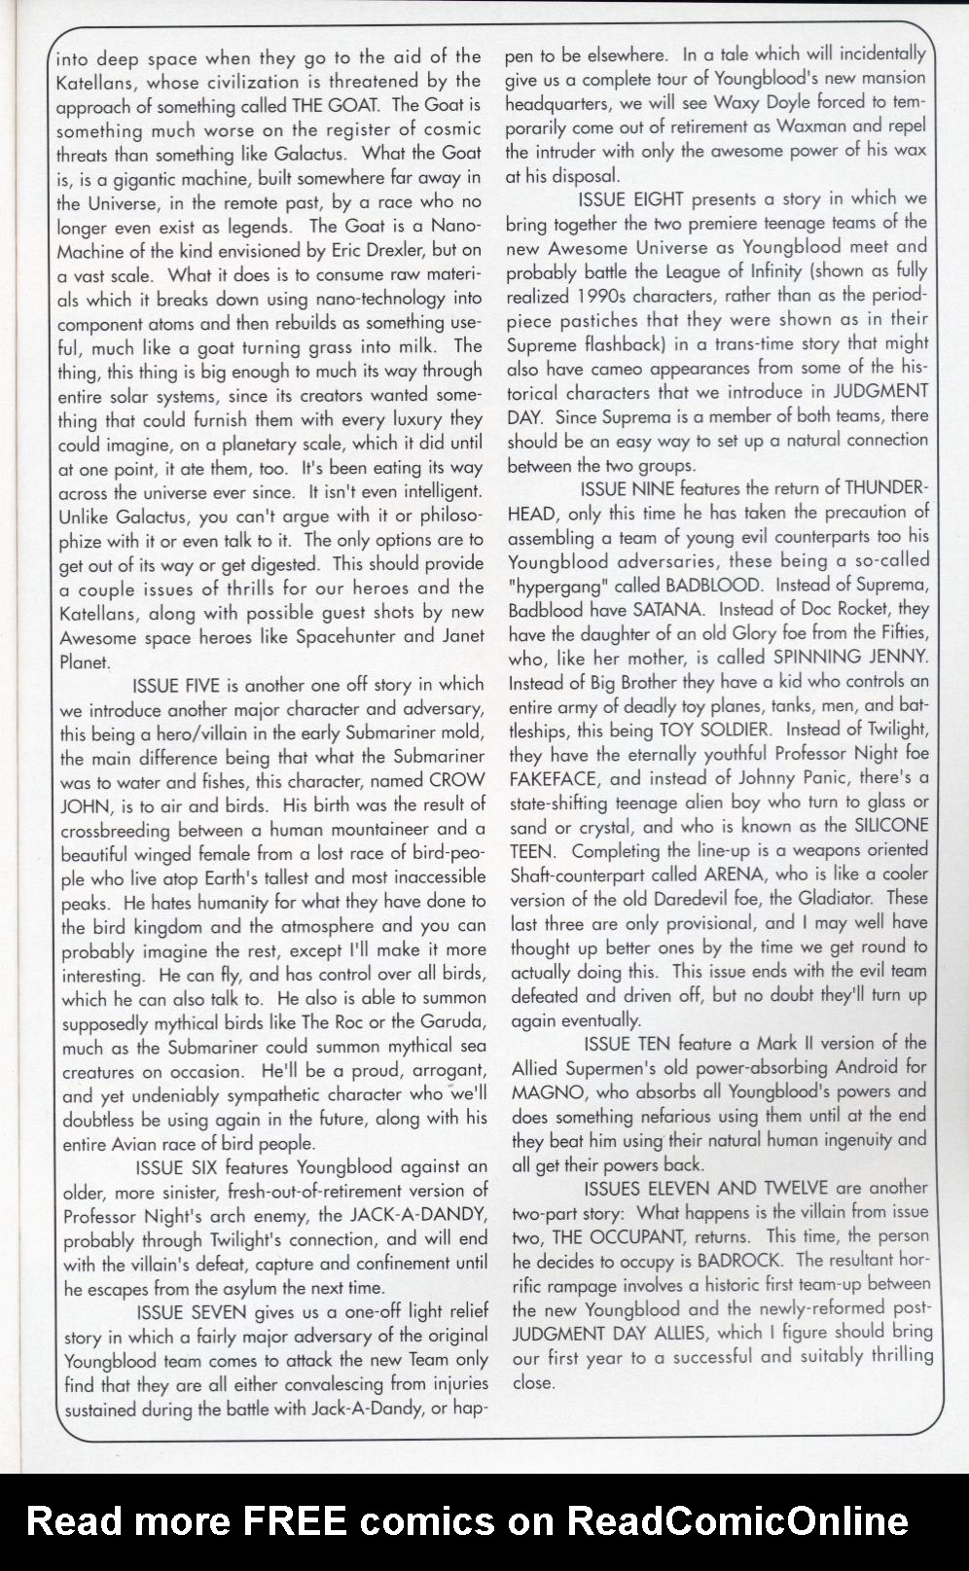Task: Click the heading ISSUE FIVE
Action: pos(184,685)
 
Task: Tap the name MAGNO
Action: pos(541,1091)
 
